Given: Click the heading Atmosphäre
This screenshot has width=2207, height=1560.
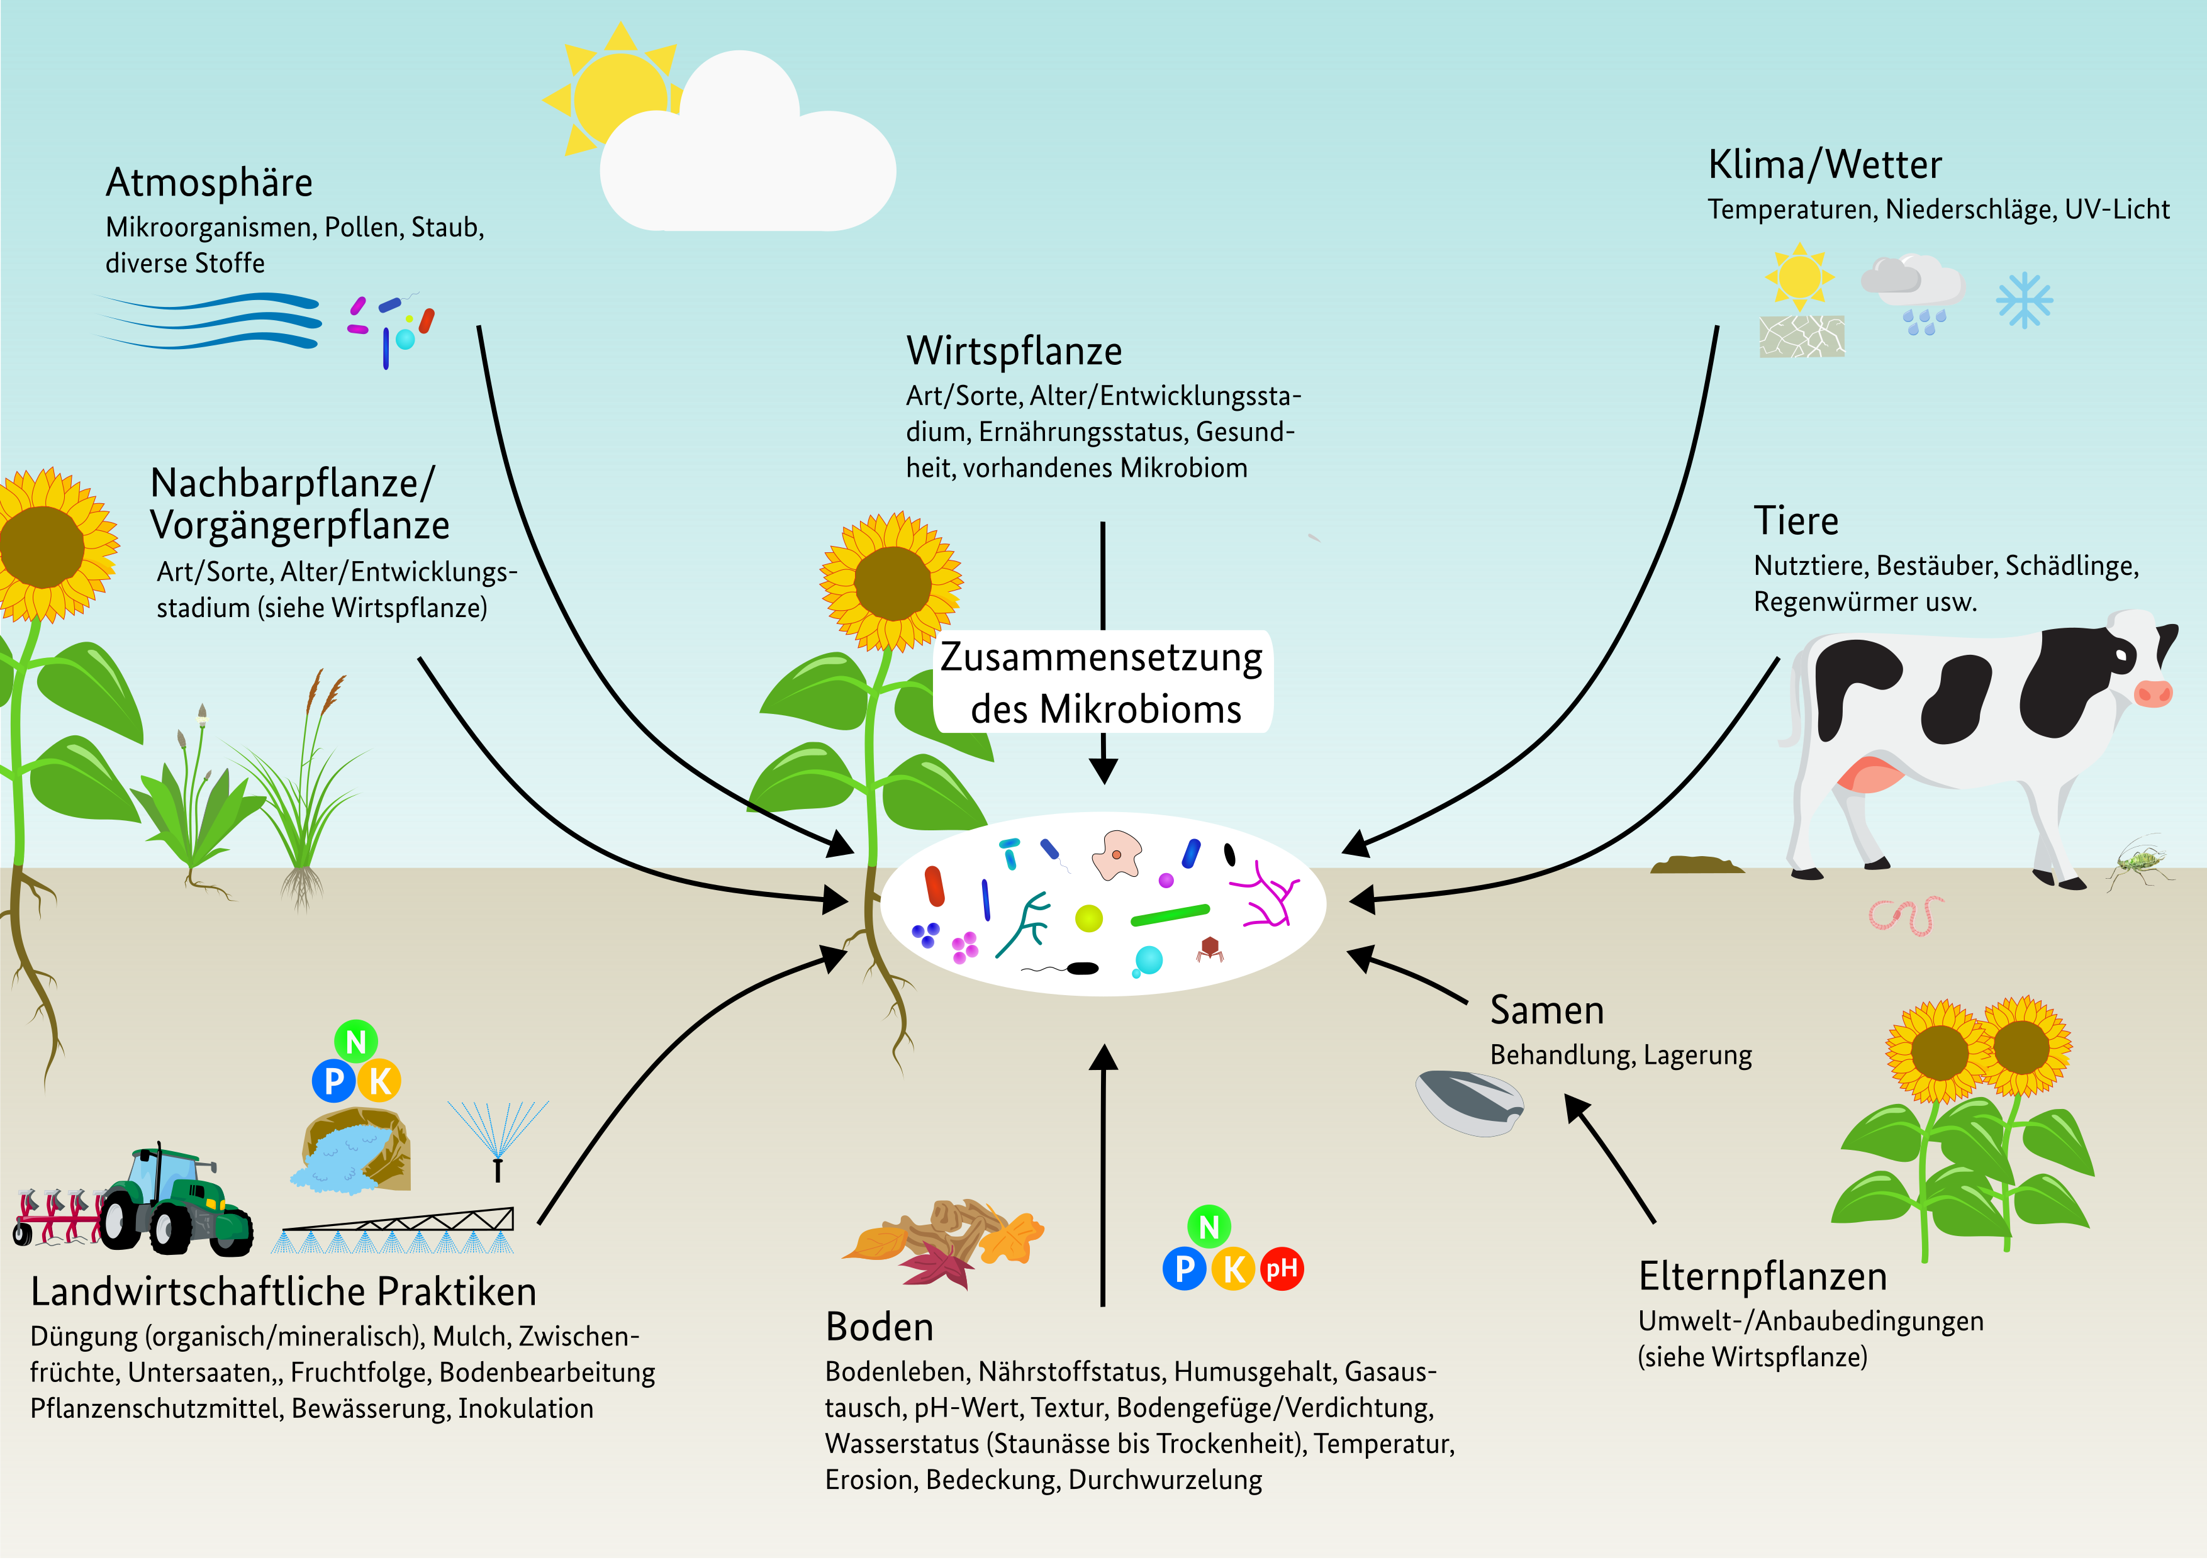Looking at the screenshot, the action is coord(209,182).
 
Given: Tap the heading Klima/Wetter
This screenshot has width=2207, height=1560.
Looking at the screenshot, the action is coord(1824,165).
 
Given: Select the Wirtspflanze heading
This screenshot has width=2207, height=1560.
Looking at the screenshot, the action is coord(1014,352).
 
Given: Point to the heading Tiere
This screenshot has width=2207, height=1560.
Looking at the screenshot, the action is coord(1796,521).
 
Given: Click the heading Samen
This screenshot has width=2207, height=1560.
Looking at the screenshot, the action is coord(1546,1010).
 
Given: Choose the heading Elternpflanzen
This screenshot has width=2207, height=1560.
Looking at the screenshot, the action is coord(1763,1276).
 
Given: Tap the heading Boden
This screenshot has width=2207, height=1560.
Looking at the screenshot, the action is coord(880,1327).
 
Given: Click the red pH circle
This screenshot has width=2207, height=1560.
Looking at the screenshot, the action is coord(1282,1269).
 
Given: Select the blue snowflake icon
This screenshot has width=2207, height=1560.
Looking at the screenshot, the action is coord(2025,300).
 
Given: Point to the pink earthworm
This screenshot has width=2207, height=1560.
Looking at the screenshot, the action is coord(1905,915).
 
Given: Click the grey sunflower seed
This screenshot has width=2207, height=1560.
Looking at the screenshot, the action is coord(1469,1103).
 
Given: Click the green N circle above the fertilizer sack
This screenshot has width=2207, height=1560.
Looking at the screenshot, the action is coord(355,1042).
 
